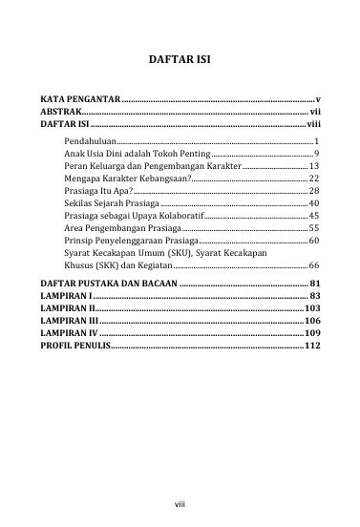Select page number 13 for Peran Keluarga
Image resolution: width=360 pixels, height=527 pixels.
[x=313, y=165]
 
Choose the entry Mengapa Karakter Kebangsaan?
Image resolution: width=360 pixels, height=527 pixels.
[x=121, y=178]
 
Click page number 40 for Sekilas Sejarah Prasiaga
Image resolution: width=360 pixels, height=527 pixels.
[x=313, y=203]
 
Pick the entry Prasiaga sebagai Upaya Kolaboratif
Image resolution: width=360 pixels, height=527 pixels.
[x=127, y=216]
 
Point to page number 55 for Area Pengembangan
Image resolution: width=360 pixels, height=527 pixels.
[x=313, y=228]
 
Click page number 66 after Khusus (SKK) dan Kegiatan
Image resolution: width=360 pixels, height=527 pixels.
[x=313, y=265]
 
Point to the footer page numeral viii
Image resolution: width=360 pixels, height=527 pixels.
[x=179, y=500]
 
